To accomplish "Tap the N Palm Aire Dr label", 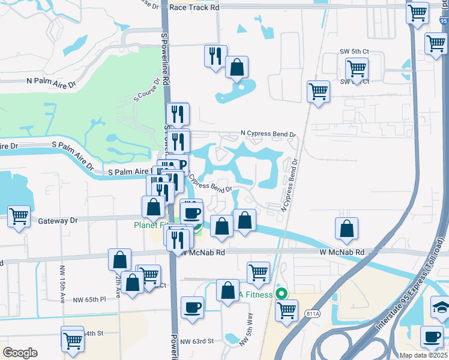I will [x=52, y=82].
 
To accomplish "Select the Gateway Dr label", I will [x=58, y=221].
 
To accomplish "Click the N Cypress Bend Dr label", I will [x=268, y=134].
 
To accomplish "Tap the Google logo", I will [x=20, y=353].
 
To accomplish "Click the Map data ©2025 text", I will [x=423, y=355].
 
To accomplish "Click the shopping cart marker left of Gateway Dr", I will [x=19, y=216].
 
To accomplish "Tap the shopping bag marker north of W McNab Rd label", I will [x=346, y=229].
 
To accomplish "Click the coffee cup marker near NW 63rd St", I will [x=192, y=308].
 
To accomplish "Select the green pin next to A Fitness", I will [x=279, y=295].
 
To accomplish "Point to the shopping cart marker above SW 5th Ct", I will [x=435, y=43].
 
